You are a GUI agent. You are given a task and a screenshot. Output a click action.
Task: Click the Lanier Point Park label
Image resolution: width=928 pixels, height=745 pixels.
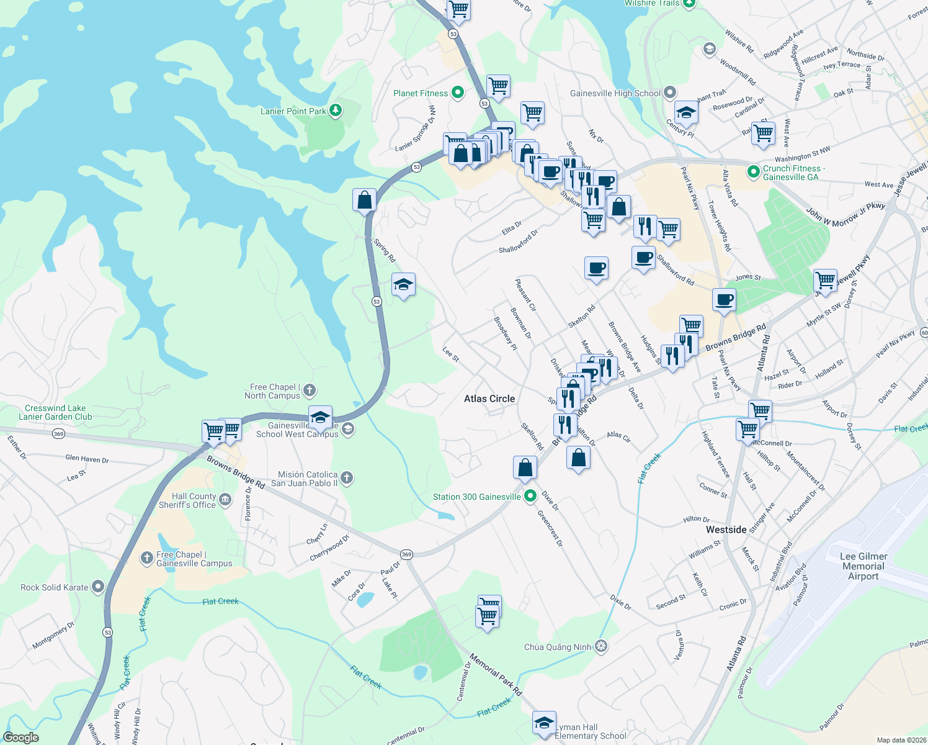pos(293,111)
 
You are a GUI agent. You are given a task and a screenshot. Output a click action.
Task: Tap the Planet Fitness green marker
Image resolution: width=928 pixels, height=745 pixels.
pos(458,93)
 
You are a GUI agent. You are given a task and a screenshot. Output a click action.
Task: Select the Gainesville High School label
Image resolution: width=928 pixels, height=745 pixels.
pos(615,93)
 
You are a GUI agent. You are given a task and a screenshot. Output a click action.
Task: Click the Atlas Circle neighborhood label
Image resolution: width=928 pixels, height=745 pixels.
pos(489,399)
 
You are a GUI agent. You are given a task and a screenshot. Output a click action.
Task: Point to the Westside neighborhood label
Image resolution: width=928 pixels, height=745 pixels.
pos(726,530)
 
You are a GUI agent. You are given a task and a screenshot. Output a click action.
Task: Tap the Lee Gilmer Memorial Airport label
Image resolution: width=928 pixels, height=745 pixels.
pos(863,566)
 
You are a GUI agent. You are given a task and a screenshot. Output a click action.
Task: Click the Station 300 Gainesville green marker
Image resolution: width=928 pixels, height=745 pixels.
pos(530,497)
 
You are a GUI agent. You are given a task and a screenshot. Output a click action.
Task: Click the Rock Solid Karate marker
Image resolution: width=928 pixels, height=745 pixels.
pos(98,587)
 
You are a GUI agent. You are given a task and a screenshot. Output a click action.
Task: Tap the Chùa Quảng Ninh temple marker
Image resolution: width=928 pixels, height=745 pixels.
pos(600,646)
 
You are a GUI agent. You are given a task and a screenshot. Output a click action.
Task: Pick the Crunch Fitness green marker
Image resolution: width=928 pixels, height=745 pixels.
pos(754,172)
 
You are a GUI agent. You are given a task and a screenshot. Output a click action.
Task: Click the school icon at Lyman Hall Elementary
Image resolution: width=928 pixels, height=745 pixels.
pos(544,723)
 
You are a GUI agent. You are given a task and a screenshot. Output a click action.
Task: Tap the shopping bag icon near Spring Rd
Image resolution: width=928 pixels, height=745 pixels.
pos(364,201)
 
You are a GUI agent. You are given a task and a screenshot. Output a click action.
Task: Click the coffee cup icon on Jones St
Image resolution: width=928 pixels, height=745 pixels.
pos(724,300)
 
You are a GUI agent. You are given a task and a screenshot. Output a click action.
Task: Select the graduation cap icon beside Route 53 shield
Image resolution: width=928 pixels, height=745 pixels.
pos(403,285)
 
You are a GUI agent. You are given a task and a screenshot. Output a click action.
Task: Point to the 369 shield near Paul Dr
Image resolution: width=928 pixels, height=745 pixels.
pos(406,554)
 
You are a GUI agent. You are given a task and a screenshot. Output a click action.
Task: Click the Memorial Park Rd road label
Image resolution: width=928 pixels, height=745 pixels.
pos(496,674)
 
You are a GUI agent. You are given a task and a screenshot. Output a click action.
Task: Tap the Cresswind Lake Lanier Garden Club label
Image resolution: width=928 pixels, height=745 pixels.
pos(55,412)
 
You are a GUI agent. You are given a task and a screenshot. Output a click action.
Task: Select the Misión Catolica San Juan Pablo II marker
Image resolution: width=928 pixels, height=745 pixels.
pos(347,477)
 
